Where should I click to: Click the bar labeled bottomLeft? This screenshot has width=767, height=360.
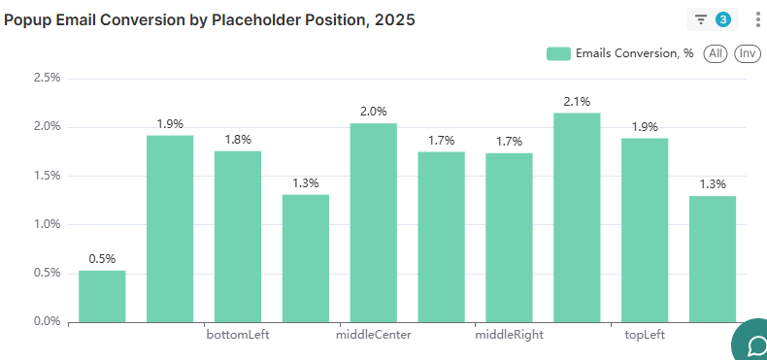click(238, 236)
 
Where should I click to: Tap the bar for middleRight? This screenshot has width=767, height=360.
click(509, 237)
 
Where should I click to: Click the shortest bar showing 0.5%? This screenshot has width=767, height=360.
click(102, 296)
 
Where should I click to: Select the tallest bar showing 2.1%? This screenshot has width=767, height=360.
click(577, 217)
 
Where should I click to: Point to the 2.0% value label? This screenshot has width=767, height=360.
click(373, 112)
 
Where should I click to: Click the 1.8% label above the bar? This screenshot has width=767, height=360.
click(238, 140)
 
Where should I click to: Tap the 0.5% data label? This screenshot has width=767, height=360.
click(102, 259)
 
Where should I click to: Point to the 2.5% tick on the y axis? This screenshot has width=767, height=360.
click(47, 78)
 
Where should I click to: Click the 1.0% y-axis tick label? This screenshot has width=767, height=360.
click(47, 224)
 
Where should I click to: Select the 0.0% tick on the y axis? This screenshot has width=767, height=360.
click(47, 321)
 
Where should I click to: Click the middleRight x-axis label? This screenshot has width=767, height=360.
click(509, 336)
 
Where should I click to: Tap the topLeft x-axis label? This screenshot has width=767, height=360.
click(645, 336)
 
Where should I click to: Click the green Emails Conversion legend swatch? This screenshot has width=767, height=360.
click(557, 53)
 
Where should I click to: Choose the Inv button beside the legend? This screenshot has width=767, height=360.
click(747, 53)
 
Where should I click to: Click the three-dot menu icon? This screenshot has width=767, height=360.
click(757, 19)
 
